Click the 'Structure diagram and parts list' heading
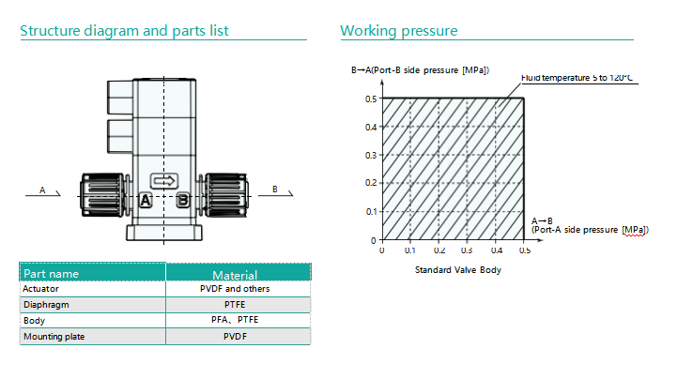pos(124,31)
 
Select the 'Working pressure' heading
pos(399,31)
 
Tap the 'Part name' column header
pos(52,274)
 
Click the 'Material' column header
pos(235,275)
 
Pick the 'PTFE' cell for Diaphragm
pos(235,305)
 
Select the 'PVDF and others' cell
pos(235,289)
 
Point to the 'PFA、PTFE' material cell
pos(235,320)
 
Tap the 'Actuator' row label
pos(40,289)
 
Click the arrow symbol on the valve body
pos(164,180)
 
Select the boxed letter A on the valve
pos(146,200)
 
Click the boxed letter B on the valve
pos(183,200)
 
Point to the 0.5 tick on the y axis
pos(370,98)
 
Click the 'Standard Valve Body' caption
pos(457,270)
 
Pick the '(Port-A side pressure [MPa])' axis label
pos(590,230)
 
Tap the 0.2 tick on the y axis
pos(370,183)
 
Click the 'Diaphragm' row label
pos(46,305)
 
